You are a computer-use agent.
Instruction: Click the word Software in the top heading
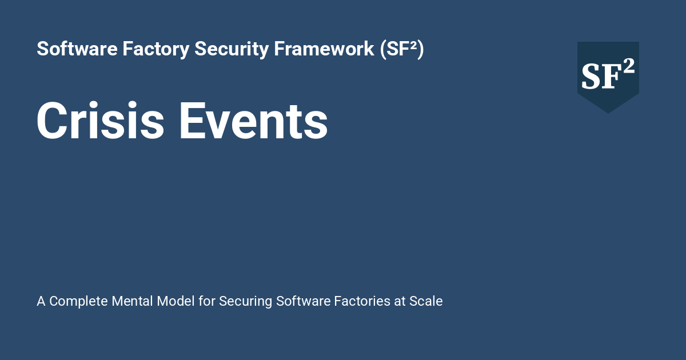[77, 49]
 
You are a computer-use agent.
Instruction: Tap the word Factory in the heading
[156, 49]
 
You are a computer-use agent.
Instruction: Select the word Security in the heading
[232, 49]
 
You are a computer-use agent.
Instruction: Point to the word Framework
[324, 49]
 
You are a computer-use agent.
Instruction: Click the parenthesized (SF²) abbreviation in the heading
[402, 49]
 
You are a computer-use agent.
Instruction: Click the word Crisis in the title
[101, 121]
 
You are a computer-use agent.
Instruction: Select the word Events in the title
[253, 121]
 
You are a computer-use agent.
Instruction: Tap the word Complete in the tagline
[78, 301]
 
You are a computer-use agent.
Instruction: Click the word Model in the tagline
[176, 301]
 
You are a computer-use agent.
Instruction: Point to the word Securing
[246, 302]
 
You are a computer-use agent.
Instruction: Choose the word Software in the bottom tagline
[303, 301]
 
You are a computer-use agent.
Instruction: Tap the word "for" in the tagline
[207, 301]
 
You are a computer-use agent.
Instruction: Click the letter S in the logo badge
[591, 77]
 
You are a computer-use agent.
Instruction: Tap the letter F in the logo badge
[611, 77]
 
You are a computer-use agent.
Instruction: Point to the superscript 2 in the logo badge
[628, 66]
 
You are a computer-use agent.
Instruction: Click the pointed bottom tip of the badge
[608, 113]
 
